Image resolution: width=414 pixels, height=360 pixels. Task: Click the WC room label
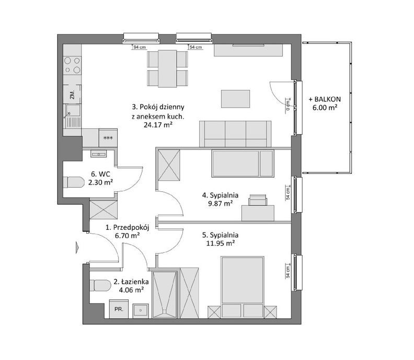pos(100,174)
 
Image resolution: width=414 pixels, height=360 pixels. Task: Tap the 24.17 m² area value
pos(158,125)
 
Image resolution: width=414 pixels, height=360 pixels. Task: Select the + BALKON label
pos(325,99)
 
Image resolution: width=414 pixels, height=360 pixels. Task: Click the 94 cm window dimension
pos(140,47)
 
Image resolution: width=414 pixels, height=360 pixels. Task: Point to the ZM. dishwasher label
pos(72,94)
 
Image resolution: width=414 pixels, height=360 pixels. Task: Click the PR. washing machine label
pos(119,309)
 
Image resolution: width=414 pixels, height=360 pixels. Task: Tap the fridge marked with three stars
pos(108,138)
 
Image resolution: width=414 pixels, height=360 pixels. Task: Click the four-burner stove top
pos(72,65)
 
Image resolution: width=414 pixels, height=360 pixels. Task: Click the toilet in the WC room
pos(73,182)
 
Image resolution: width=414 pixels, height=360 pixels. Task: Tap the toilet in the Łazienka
pos(100,286)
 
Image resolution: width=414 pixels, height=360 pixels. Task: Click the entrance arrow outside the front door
pos(77,247)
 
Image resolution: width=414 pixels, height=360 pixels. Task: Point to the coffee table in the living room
pos(236,99)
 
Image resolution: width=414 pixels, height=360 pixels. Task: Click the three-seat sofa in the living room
pos(235,134)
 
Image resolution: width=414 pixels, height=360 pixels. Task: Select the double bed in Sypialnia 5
pos(243,287)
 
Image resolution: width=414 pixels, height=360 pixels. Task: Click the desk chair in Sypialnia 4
pos(257,200)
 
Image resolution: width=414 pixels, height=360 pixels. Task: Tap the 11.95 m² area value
pos(221,243)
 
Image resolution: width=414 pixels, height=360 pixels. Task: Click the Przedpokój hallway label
pos(128,227)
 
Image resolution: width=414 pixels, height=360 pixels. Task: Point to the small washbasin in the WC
pos(99,154)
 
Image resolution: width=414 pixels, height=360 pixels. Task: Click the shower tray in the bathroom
pos(165,294)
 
